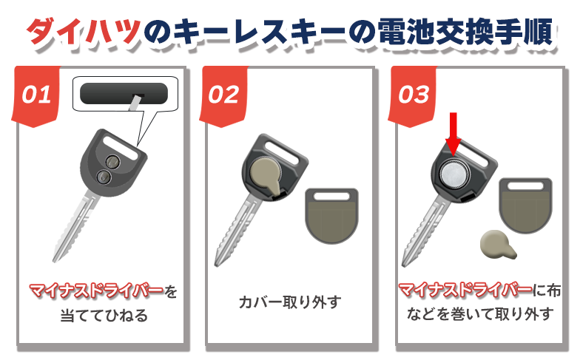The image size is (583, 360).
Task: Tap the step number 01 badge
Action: (36, 96)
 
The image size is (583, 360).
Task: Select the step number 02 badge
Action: (223, 96)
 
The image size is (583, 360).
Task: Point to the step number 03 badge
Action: (413, 96)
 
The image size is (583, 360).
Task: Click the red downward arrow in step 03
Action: (454, 135)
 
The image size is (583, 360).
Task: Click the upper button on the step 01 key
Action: (112, 162)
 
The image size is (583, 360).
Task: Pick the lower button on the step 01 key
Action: (104, 177)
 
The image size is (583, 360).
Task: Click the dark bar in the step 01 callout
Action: (124, 93)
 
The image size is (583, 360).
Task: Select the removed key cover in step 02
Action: (331, 215)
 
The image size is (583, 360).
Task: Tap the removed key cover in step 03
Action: (525, 205)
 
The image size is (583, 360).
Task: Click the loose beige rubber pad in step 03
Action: (497, 245)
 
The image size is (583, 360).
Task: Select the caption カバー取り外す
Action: (290, 302)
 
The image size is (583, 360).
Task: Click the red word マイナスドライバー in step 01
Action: (97, 291)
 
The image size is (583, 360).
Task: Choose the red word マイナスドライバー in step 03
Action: (465, 290)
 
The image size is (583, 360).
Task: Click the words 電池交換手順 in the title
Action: (465, 31)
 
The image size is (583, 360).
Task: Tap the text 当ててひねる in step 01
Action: (104, 316)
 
